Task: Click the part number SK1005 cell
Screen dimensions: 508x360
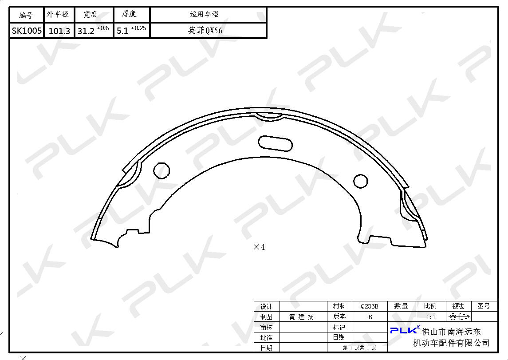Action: tap(27, 31)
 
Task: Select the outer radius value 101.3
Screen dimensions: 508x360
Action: tap(59, 31)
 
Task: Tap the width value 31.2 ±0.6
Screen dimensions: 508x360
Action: tap(93, 30)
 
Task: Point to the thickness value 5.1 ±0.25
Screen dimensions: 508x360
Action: tap(131, 30)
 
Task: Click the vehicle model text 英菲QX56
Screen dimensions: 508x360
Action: tap(205, 31)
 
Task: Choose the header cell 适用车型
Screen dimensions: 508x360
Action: tap(204, 14)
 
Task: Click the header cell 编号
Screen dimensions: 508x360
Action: tap(26, 15)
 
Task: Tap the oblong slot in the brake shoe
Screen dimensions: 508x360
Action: tap(275, 143)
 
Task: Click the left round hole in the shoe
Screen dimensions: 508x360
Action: tap(161, 171)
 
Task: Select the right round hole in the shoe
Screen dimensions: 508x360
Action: tap(360, 181)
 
